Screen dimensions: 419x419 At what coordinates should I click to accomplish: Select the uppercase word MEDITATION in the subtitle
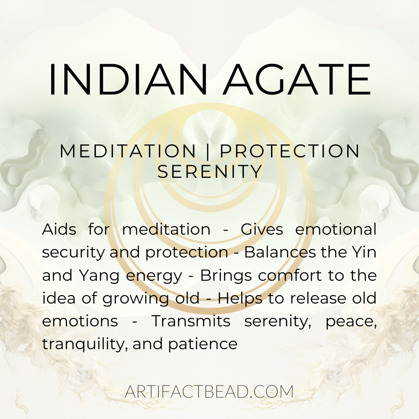(x=128, y=151)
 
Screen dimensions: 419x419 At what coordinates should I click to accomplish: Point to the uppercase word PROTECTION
(x=290, y=151)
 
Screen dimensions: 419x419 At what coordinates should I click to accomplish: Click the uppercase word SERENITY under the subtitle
(x=210, y=172)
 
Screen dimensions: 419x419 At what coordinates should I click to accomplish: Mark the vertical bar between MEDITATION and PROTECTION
(x=208, y=151)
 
